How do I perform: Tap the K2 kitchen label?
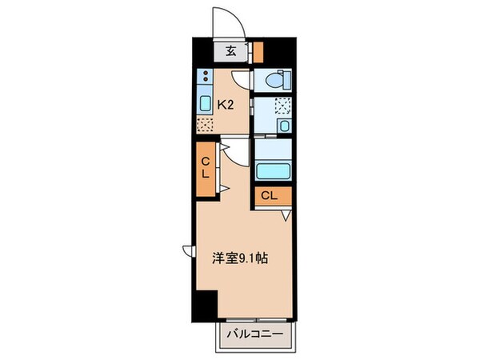[x=226, y=102]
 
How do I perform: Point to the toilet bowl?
[x=274, y=80]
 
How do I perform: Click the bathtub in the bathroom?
[x=273, y=171]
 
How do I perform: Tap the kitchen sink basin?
[x=204, y=102]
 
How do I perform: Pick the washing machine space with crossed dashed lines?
[x=282, y=105]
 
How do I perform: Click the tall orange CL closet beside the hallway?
[x=204, y=169]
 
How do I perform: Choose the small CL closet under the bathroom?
[x=269, y=196]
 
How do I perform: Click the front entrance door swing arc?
[x=225, y=19]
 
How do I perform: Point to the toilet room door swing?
[x=242, y=81]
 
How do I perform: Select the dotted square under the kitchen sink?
[x=205, y=125]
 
